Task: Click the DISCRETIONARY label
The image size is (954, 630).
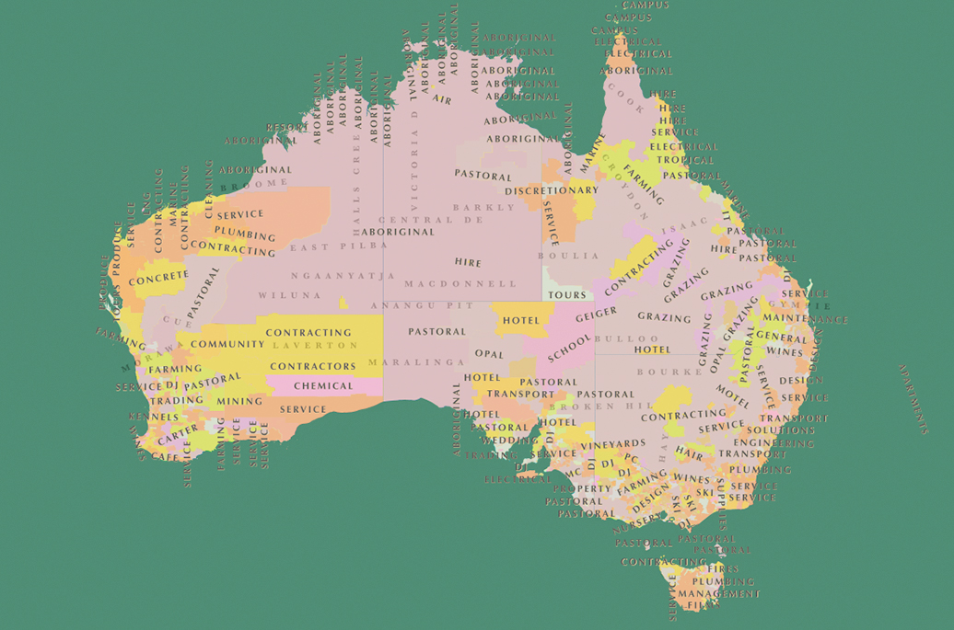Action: click(x=552, y=190)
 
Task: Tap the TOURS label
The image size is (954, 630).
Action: click(x=567, y=295)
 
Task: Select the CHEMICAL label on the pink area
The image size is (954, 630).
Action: click(x=323, y=386)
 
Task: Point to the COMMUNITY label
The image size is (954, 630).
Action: click(x=227, y=345)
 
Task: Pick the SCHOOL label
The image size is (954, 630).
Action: click(x=569, y=348)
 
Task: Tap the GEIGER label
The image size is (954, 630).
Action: click(x=596, y=315)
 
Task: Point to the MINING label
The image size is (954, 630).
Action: click(x=239, y=402)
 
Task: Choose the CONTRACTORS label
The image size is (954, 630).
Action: click(x=313, y=366)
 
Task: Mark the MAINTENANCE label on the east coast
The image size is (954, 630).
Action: click(x=804, y=319)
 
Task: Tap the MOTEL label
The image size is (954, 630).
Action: click(x=733, y=396)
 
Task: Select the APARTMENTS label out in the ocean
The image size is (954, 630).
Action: click(x=913, y=399)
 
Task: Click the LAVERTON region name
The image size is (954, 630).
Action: click(x=315, y=346)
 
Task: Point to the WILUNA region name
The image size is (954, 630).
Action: click(x=290, y=295)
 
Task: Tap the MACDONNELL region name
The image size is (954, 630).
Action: click(x=460, y=284)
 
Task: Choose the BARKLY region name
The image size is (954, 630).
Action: click(x=484, y=208)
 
